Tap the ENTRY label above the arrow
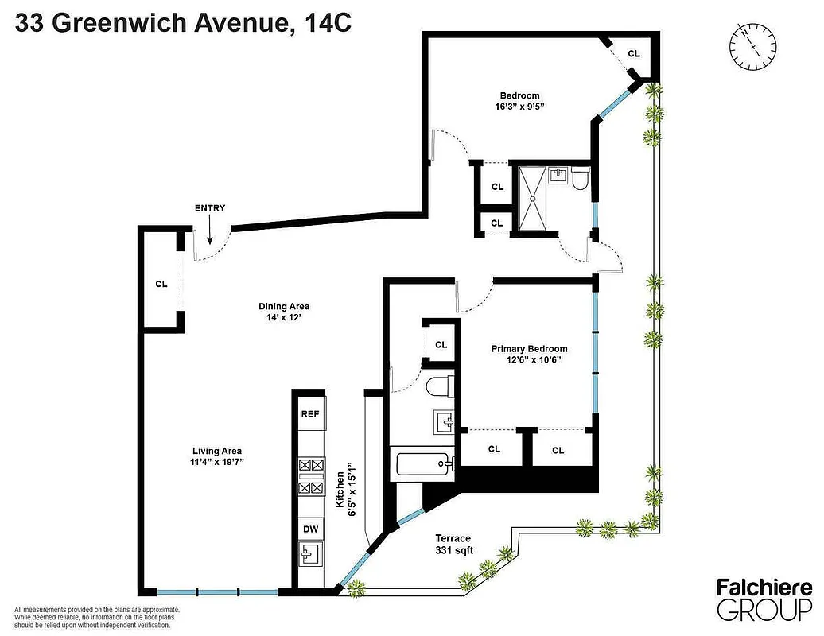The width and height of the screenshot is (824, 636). click(210, 208)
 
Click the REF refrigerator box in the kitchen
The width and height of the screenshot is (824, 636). click(309, 414)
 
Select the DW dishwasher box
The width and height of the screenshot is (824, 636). click(309, 529)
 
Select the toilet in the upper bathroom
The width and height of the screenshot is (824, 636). click(579, 179)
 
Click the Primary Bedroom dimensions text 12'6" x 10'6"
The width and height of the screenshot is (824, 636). click(528, 360)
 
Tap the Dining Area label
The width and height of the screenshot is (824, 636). click(283, 307)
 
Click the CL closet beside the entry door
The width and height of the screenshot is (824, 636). click(161, 283)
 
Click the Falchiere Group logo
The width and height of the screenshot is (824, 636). click(764, 599)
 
